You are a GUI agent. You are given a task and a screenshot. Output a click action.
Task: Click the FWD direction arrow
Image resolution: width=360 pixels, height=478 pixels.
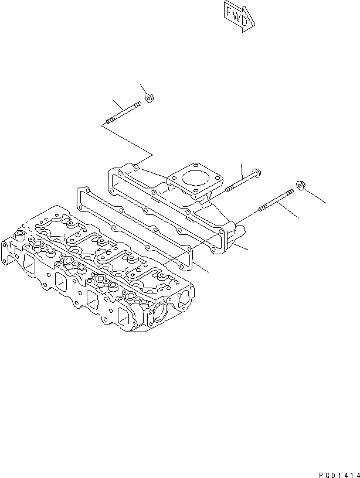pos(239,15)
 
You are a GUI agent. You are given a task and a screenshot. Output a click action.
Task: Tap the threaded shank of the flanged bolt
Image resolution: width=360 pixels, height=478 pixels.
pos(238,183)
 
